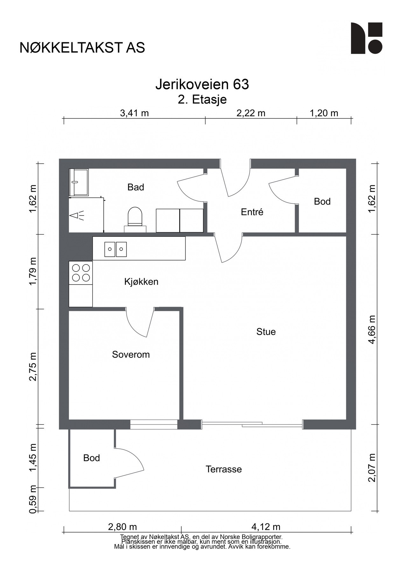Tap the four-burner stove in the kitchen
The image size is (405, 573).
click(x=81, y=273)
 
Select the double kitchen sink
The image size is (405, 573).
click(x=115, y=249)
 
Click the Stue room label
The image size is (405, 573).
click(x=266, y=332)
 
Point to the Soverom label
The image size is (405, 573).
click(x=131, y=355)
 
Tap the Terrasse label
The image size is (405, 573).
click(x=224, y=469)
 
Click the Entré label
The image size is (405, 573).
click(x=252, y=212)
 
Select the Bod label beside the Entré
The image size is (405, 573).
click(x=322, y=202)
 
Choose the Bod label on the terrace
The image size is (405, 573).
click(x=92, y=458)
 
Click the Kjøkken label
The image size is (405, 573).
click(x=141, y=282)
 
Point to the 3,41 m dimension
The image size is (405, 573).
click(x=135, y=113)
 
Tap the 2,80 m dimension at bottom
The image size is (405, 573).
click(x=122, y=527)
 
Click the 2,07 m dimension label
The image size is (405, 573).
click(x=372, y=468)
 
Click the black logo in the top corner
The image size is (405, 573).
click(x=367, y=38)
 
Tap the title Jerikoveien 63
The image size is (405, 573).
click(x=202, y=85)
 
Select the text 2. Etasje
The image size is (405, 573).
click(x=202, y=100)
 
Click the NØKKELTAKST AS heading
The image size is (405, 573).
click(x=82, y=48)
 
